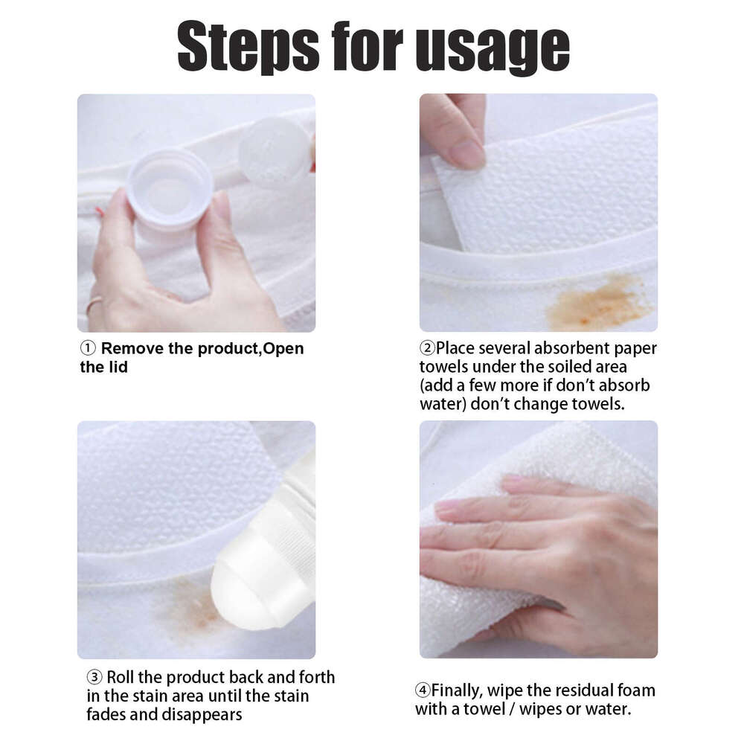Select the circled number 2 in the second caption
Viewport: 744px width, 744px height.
(427, 348)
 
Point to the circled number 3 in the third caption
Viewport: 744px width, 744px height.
(94, 678)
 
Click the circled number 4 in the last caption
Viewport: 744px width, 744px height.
(423, 690)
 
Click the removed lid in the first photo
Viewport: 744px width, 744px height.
(274, 152)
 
